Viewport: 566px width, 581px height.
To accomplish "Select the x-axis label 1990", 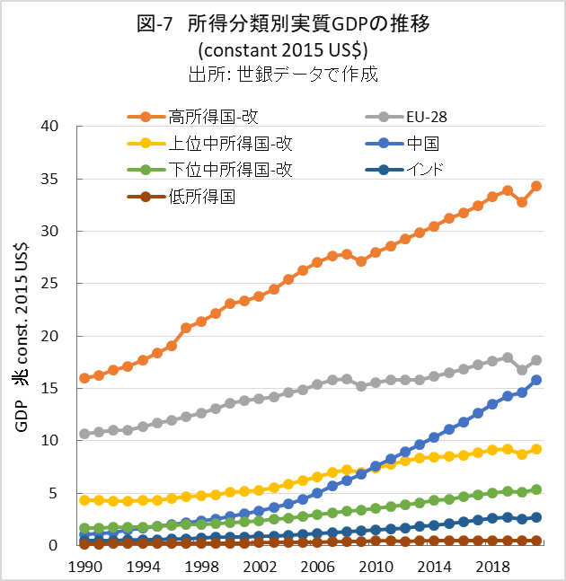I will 84,566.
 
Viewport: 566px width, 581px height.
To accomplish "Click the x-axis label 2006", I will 317,566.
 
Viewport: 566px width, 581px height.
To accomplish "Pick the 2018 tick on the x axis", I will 492,566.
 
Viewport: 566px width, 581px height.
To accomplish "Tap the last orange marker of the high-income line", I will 536,187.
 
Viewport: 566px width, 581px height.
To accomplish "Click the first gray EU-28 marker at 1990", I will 84,433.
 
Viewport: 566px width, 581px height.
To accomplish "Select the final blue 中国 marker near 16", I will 536,380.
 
